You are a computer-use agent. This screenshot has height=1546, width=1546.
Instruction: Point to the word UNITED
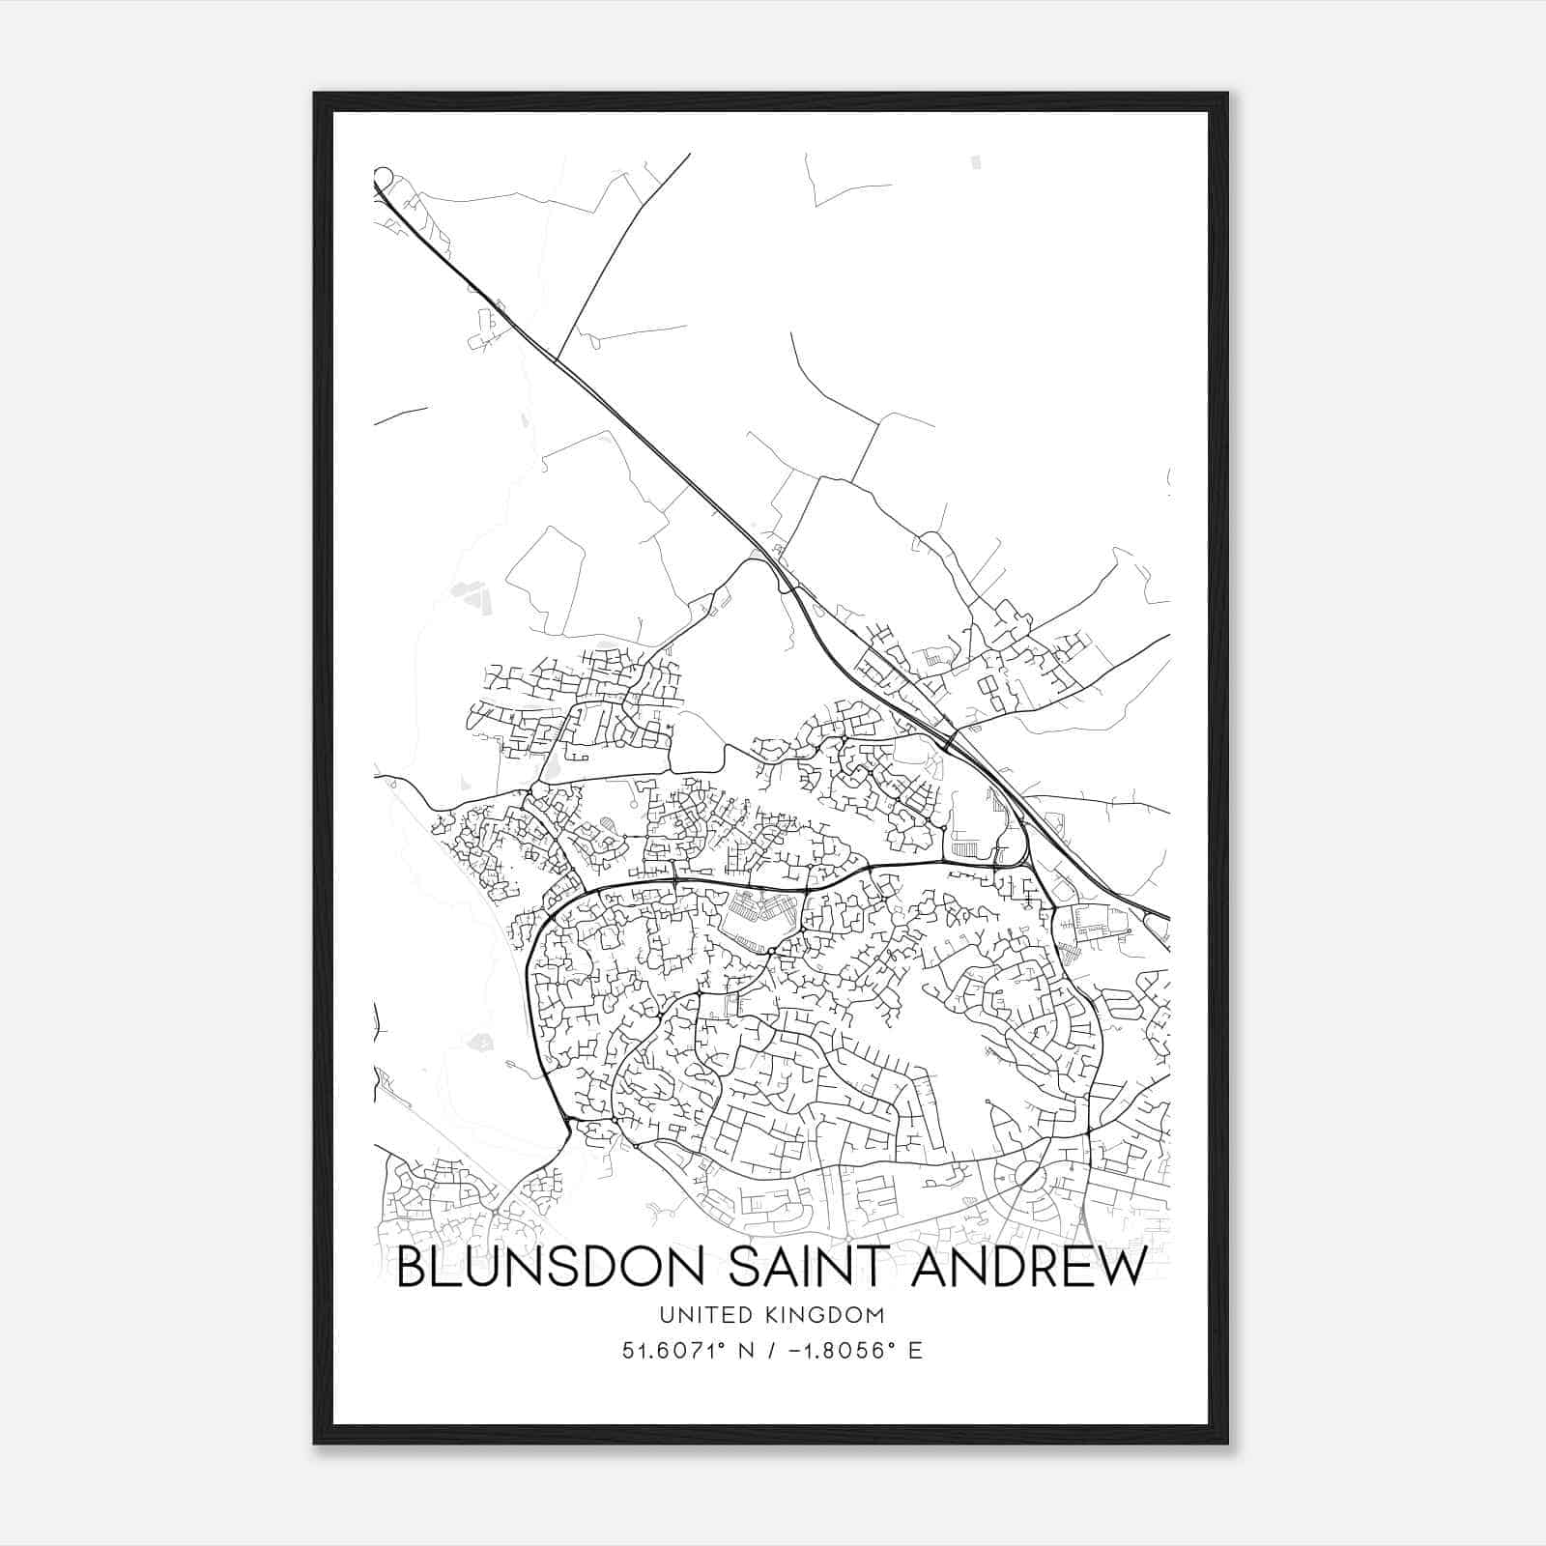coord(703,1314)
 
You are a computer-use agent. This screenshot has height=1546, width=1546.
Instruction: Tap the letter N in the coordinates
coord(744,1350)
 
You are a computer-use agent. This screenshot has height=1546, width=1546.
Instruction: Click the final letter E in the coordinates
coord(915,1350)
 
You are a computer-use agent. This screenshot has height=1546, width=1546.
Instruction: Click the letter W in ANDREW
coord(1121,1267)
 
